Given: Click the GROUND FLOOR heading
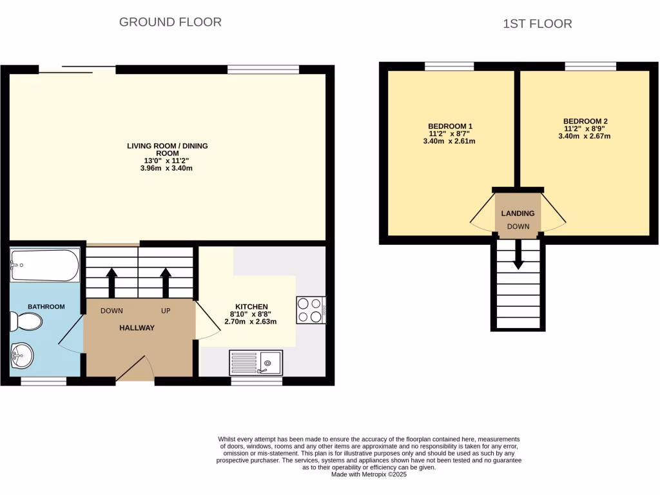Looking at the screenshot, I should coord(170,22).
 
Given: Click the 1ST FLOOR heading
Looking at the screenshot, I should coord(537,24).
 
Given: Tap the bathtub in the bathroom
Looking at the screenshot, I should coord(45,265).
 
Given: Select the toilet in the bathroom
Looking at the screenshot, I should coord(27,321).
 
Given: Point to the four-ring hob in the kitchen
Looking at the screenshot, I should coord(311,309).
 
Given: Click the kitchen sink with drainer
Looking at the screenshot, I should coord(257,362).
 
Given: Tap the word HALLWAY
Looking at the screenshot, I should coord(137,328).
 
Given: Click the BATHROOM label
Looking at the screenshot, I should coord(46,307).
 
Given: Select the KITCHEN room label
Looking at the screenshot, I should coord(251,307).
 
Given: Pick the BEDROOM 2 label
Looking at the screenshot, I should coord(585,121).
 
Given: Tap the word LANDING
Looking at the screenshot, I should coord(518,213).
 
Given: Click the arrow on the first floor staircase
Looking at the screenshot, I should coord(518,257).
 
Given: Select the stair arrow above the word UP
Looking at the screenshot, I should coord(166,281).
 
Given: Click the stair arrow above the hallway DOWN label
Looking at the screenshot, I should coord(112,281).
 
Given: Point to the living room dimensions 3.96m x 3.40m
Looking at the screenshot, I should coord(167,168).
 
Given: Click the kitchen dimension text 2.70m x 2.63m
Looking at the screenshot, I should coord(250,322).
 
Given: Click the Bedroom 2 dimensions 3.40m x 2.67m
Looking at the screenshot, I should coord(585,136).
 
